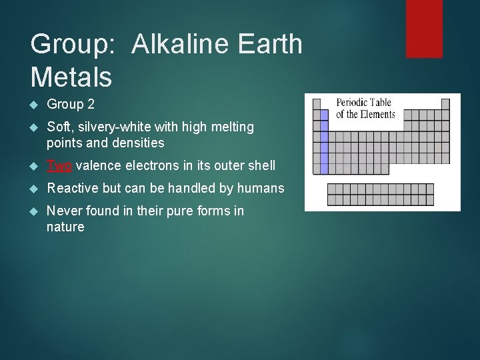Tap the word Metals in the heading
click(x=71, y=77)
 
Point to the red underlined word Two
click(x=60, y=165)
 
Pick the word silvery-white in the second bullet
click(x=109, y=127)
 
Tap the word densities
click(x=138, y=143)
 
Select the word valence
click(x=98, y=165)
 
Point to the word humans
click(x=263, y=188)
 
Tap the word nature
click(x=65, y=227)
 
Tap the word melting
click(x=231, y=127)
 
